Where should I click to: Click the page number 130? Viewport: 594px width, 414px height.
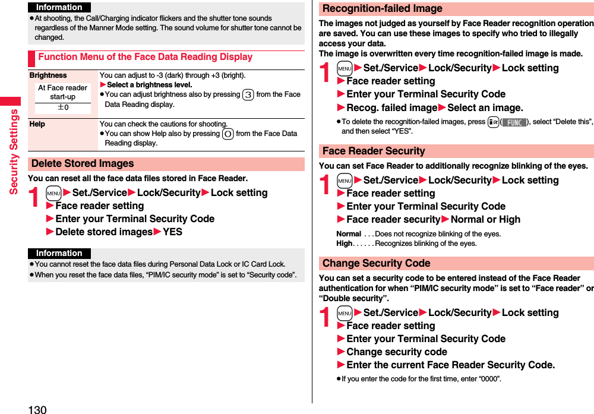[x=37, y=409]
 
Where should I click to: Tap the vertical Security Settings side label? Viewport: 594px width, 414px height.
[x=13, y=151]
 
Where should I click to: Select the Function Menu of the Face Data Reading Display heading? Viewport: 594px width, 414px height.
[x=145, y=57]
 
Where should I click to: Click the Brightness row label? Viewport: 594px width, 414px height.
[x=48, y=75]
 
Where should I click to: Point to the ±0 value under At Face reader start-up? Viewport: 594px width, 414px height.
[x=62, y=108]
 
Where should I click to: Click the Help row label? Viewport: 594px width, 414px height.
[x=37, y=124]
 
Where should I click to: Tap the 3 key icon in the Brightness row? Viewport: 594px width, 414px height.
[x=248, y=94]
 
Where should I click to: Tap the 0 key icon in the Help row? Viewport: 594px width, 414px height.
[x=228, y=134]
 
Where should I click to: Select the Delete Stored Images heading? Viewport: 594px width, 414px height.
[x=83, y=163]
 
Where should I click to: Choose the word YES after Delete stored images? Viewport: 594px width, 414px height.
[x=172, y=232]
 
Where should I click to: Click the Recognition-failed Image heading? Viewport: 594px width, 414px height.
[x=382, y=9]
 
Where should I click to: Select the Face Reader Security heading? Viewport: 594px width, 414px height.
[x=374, y=151]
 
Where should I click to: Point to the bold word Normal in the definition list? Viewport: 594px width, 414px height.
[x=349, y=234]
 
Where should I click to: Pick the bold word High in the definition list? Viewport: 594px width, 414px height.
[x=344, y=244]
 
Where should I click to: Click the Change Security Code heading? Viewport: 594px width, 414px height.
[x=376, y=263]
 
